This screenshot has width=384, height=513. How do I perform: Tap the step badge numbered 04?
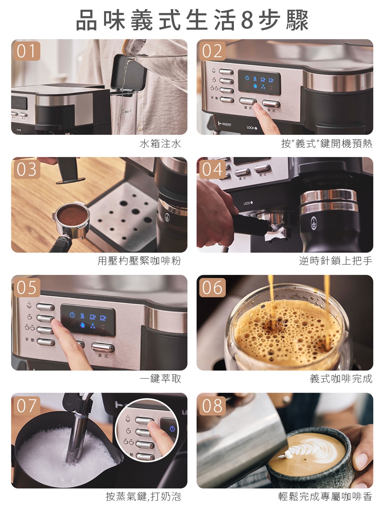[x=212, y=170]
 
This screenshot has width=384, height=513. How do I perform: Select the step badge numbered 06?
[x=212, y=287]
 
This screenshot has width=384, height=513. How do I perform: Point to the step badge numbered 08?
[x=212, y=405]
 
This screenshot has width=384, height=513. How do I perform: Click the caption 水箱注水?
[x=160, y=143]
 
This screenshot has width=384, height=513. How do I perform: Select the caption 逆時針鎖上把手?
[x=336, y=261]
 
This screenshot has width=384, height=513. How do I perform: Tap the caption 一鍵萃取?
[x=160, y=378]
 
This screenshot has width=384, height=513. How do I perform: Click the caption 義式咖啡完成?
[x=341, y=378]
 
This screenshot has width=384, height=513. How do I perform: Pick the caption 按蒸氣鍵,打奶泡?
[x=143, y=496]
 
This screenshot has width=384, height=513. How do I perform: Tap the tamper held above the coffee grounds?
[x=68, y=171]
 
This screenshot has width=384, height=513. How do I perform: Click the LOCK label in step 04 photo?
[x=248, y=203]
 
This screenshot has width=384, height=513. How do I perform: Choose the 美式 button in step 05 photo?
[x=103, y=347]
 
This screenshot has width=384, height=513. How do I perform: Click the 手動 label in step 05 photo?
[x=30, y=339]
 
